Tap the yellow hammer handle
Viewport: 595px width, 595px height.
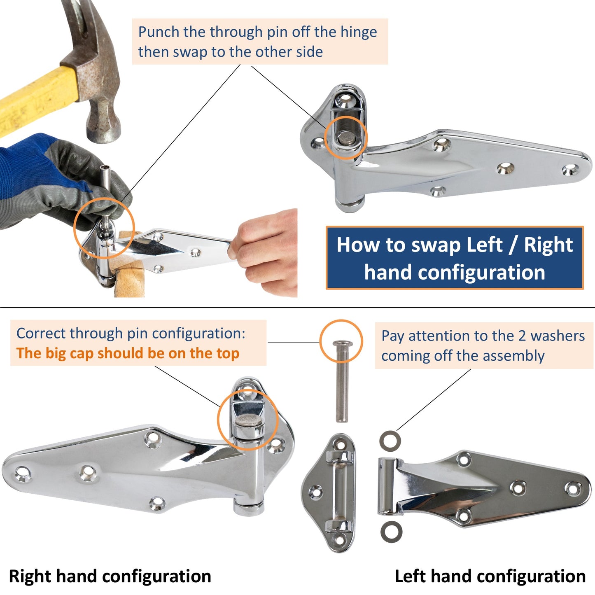point(33,99)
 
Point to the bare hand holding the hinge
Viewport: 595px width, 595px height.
point(268,251)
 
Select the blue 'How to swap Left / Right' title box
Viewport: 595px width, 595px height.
point(455,258)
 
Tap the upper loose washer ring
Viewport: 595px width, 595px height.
point(390,441)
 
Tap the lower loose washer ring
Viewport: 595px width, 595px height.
point(391,532)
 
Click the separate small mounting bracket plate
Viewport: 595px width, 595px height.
point(329,492)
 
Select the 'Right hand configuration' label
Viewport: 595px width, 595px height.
point(110,576)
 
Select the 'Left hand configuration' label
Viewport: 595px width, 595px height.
point(490,576)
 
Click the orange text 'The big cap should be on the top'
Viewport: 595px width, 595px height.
point(128,353)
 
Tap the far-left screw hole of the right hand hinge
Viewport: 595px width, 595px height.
point(23,474)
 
